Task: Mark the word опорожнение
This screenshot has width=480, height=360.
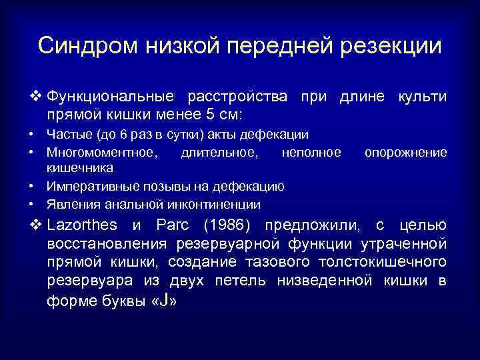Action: (x=405, y=153)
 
